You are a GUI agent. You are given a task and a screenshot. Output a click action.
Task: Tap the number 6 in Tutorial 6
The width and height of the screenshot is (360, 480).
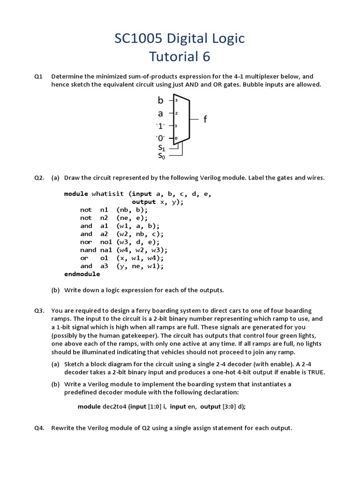(206, 57)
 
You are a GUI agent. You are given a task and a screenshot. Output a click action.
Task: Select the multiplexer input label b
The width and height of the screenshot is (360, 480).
(161, 100)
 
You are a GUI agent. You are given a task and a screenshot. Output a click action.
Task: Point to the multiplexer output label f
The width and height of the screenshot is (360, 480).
(205, 120)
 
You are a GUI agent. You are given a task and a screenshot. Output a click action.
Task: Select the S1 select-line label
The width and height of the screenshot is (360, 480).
(161, 148)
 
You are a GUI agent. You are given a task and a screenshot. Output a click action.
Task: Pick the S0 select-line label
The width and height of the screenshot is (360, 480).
(161, 156)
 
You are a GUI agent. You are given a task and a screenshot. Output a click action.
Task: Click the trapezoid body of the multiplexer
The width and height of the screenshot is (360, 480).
(182, 120)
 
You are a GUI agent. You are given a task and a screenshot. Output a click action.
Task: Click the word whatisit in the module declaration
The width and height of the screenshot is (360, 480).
(108, 194)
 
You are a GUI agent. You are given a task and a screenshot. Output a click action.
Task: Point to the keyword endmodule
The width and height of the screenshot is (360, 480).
(82, 274)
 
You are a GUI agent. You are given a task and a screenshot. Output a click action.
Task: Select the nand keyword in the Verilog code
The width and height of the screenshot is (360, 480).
(88, 250)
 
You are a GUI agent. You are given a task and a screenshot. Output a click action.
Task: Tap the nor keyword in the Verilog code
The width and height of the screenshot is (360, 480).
(86, 242)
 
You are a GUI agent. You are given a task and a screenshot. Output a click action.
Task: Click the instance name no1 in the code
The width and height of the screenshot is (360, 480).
(106, 242)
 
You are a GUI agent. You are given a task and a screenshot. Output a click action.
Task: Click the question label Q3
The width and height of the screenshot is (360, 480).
(39, 311)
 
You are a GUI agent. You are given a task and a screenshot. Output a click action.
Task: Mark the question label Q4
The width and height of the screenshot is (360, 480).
(39, 428)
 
